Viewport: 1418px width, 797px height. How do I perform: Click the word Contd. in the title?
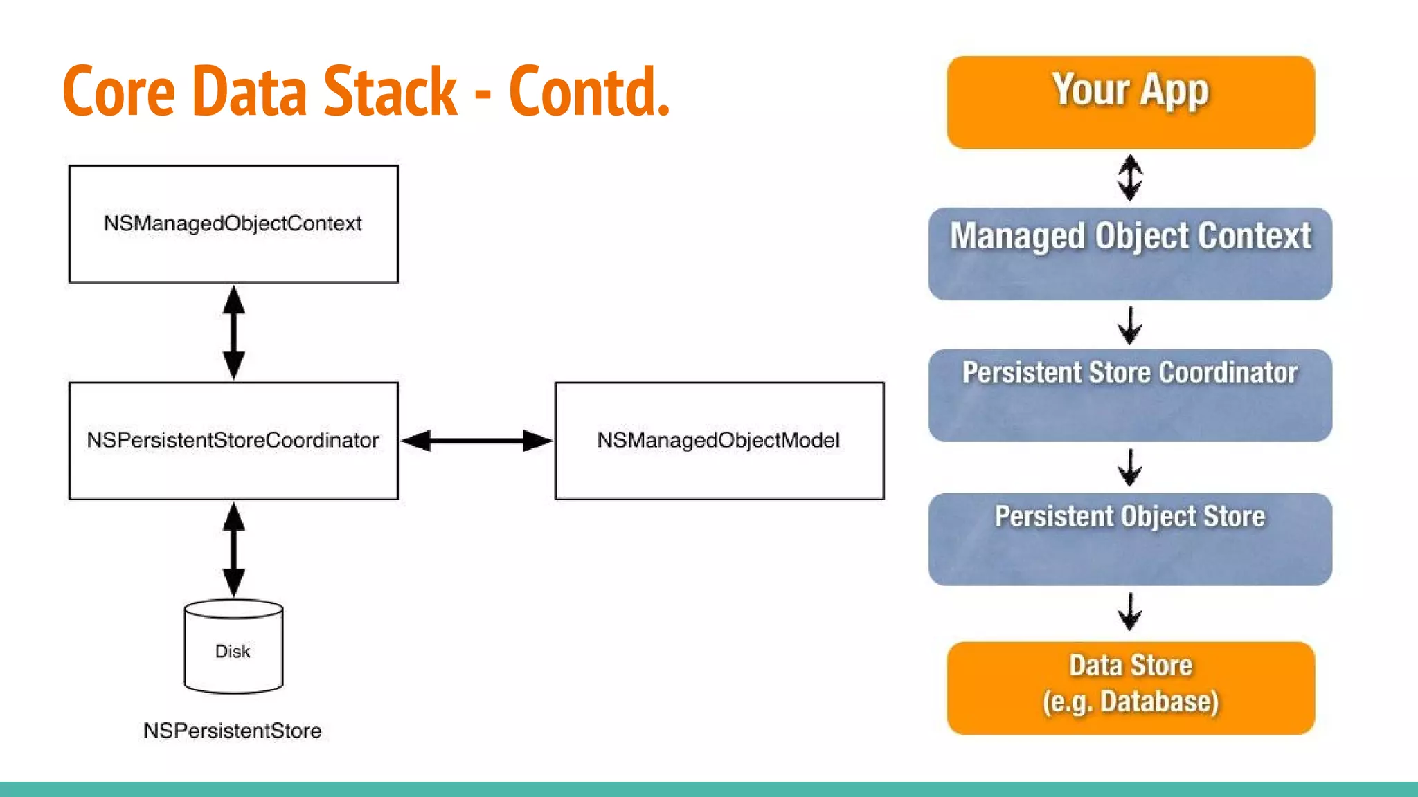point(589,91)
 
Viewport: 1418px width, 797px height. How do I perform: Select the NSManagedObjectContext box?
point(233,223)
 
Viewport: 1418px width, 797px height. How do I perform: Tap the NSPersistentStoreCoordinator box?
point(233,440)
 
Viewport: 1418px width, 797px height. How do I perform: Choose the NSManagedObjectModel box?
point(719,440)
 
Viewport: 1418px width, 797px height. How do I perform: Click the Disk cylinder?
point(233,647)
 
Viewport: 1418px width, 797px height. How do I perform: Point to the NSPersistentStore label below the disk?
point(233,731)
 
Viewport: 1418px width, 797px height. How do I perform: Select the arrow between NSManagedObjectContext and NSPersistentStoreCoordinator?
point(233,332)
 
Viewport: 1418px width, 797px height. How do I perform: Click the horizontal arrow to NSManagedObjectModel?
point(476,441)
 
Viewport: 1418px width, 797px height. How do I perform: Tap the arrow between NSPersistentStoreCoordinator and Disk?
point(233,549)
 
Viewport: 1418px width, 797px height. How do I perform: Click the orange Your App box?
point(1130,102)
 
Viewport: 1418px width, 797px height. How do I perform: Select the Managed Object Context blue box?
point(1130,253)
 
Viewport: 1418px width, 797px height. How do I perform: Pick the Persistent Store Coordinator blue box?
point(1130,395)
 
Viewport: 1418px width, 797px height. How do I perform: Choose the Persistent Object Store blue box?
point(1130,539)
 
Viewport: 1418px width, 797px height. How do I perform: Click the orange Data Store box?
point(1130,688)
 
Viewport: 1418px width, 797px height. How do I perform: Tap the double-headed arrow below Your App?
point(1130,178)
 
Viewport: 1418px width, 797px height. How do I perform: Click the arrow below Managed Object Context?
point(1130,325)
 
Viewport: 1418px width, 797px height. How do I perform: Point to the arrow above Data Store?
point(1130,611)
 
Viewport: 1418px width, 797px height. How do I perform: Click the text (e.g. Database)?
point(1130,702)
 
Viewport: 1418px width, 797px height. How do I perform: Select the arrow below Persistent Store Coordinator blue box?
point(1130,468)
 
